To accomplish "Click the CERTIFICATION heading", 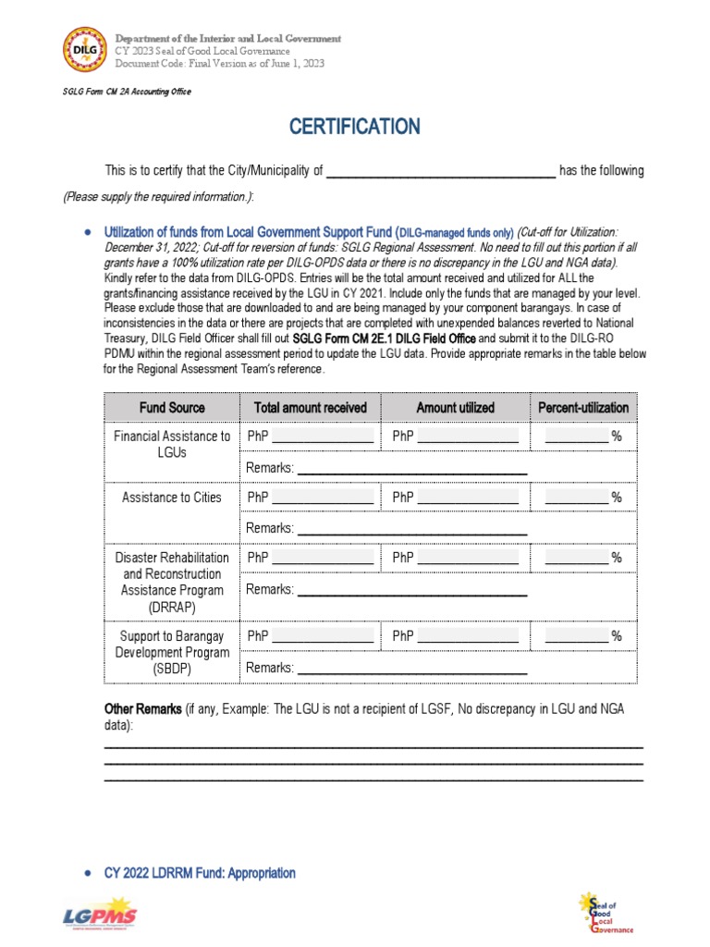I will (x=355, y=127).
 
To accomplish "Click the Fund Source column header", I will (x=172, y=408).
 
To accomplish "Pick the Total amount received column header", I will (x=310, y=408).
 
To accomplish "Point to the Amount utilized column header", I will (x=455, y=408).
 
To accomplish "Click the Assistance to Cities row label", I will (x=172, y=498).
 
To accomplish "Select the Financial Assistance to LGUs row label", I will (x=172, y=444).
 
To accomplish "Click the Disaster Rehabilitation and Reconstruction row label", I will (x=172, y=582).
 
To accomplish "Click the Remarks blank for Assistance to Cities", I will (x=411, y=530).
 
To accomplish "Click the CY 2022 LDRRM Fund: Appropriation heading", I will (x=200, y=873).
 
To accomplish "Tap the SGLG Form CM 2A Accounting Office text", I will (x=127, y=92).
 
